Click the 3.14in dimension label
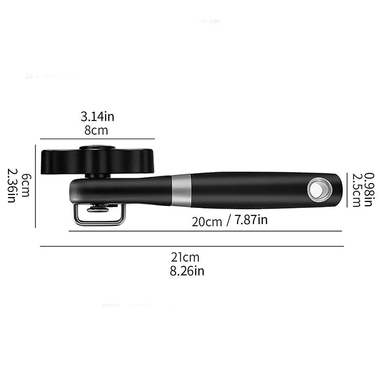(x=97, y=117)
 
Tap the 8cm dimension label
(x=96, y=131)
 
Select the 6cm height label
(x=25, y=185)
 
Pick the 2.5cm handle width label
(x=356, y=190)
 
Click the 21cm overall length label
(x=185, y=257)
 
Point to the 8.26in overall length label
(x=187, y=271)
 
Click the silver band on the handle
(x=181, y=190)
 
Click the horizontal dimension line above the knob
(x=97, y=139)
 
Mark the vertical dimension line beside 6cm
(x=35, y=186)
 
